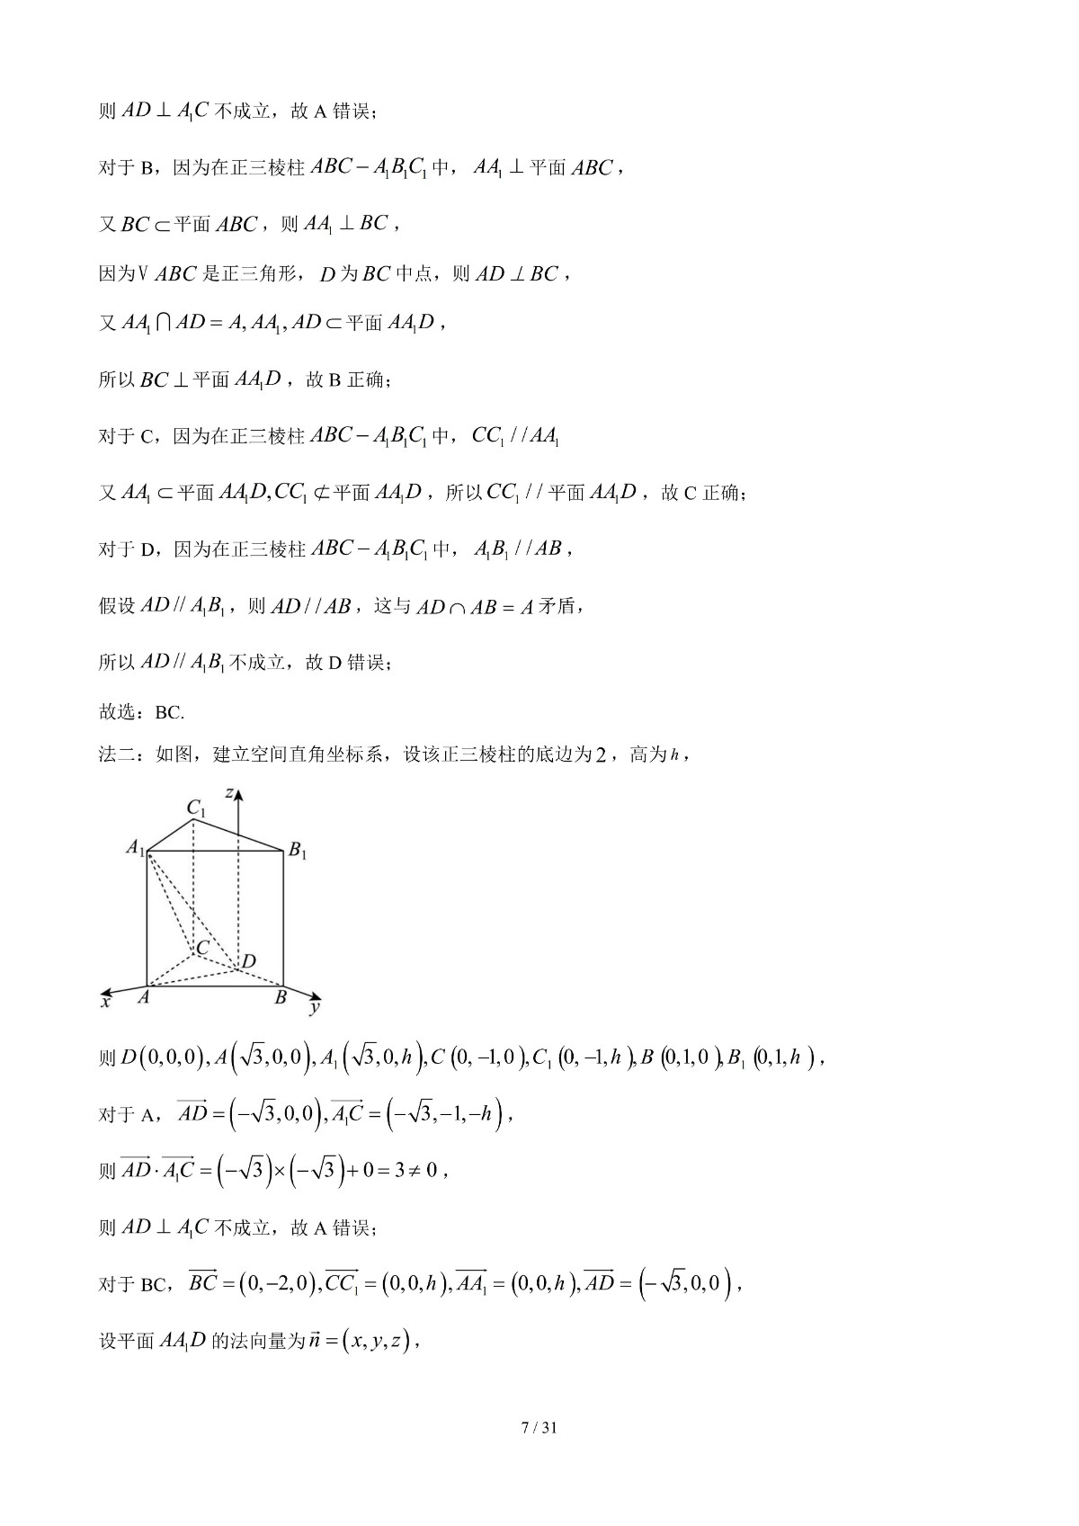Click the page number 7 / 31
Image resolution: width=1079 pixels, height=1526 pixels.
pyautogui.click(x=539, y=1427)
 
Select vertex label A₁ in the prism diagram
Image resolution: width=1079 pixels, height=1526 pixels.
pyautogui.click(x=135, y=847)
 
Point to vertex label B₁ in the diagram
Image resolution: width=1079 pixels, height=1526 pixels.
pyautogui.click(x=298, y=850)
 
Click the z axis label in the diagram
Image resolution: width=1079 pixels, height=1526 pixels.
pyautogui.click(x=230, y=793)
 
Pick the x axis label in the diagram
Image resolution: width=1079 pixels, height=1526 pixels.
pyautogui.click(x=105, y=1001)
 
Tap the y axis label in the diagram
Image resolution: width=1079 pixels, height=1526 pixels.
pyautogui.click(x=315, y=1008)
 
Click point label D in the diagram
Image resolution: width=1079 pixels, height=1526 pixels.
pyautogui.click(x=249, y=961)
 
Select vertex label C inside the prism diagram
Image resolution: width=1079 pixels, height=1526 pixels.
pyautogui.click(x=202, y=948)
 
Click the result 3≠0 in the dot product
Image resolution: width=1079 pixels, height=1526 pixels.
pyautogui.click(x=415, y=1171)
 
